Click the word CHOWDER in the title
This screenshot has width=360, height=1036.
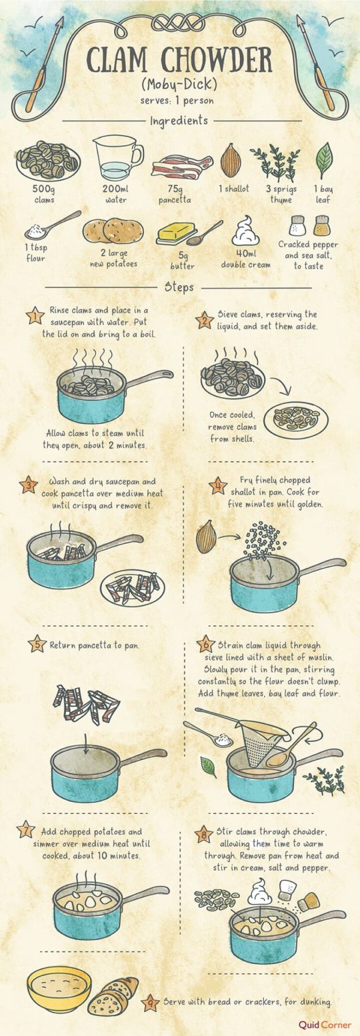pyautogui.click(x=217, y=61)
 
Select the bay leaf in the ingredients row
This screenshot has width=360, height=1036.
pyautogui.click(x=324, y=160)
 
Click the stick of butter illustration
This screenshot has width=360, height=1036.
pyautogui.click(x=176, y=233)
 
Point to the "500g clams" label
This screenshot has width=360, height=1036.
pyautogui.click(x=44, y=194)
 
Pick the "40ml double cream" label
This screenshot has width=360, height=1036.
pyautogui.click(x=246, y=259)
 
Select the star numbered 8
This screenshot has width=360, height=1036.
pyautogui.click(x=204, y=835)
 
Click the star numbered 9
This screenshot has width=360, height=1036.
pyautogui.click(x=149, y=1002)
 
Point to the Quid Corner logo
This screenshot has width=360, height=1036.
pyautogui.click(x=325, y=1025)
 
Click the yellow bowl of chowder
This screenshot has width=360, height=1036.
pyautogui.click(x=59, y=989)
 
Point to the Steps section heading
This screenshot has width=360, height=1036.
pyautogui.click(x=179, y=287)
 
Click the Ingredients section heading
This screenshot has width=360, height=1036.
pyautogui.click(x=179, y=121)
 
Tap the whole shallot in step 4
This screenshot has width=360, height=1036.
pyautogui.click(x=207, y=537)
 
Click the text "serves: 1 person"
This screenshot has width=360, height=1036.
pyautogui.click(x=177, y=101)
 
